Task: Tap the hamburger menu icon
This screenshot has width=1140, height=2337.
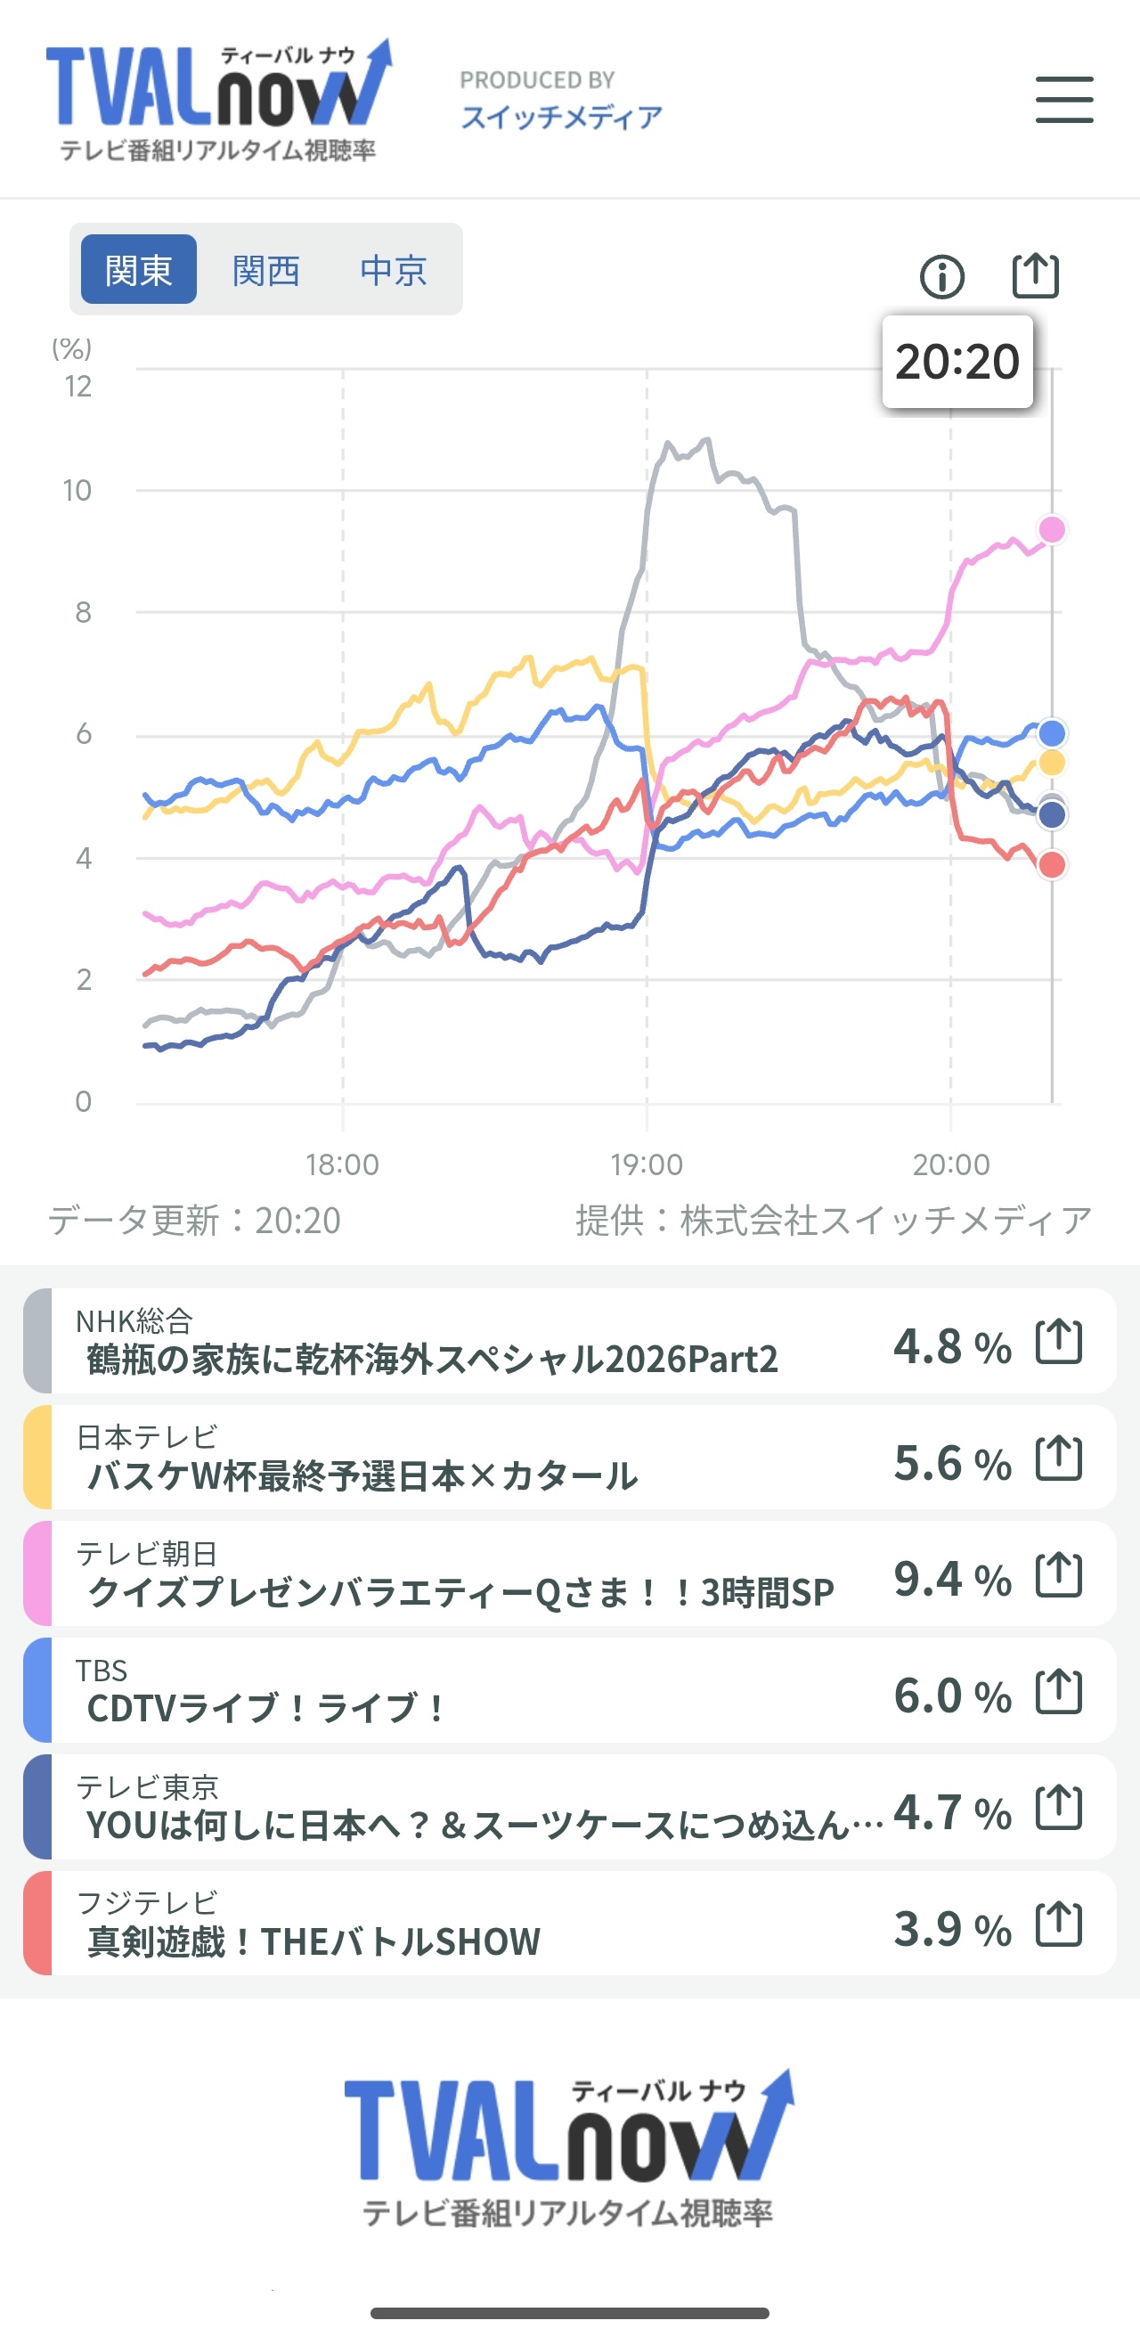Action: point(1063,99)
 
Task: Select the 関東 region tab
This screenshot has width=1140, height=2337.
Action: point(139,269)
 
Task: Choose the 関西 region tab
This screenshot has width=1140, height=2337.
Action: point(265,270)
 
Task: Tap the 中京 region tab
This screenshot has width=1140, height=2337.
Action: point(393,270)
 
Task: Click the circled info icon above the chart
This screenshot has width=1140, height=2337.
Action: point(942,277)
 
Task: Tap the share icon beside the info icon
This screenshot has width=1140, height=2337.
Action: point(1035,275)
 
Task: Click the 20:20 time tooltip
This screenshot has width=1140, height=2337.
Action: point(957,361)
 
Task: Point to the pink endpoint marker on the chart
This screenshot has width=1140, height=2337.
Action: point(1052,529)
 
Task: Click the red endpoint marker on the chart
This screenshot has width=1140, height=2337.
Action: point(1052,864)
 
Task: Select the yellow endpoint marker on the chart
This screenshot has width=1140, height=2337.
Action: point(1052,762)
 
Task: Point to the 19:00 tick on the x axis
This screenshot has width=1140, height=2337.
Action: point(647,1164)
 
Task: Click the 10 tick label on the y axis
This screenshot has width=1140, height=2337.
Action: point(77,491)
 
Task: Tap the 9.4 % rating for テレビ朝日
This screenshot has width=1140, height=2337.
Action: point(952,1579)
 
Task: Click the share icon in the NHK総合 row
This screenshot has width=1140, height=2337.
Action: point(1059,1342)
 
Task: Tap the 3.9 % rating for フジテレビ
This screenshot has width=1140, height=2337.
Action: point(952,1929)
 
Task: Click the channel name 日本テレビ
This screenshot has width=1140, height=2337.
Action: point(147,1437)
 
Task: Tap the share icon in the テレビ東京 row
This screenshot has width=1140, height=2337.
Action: point(1059,1808)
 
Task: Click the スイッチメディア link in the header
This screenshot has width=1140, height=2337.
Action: point(561,117)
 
